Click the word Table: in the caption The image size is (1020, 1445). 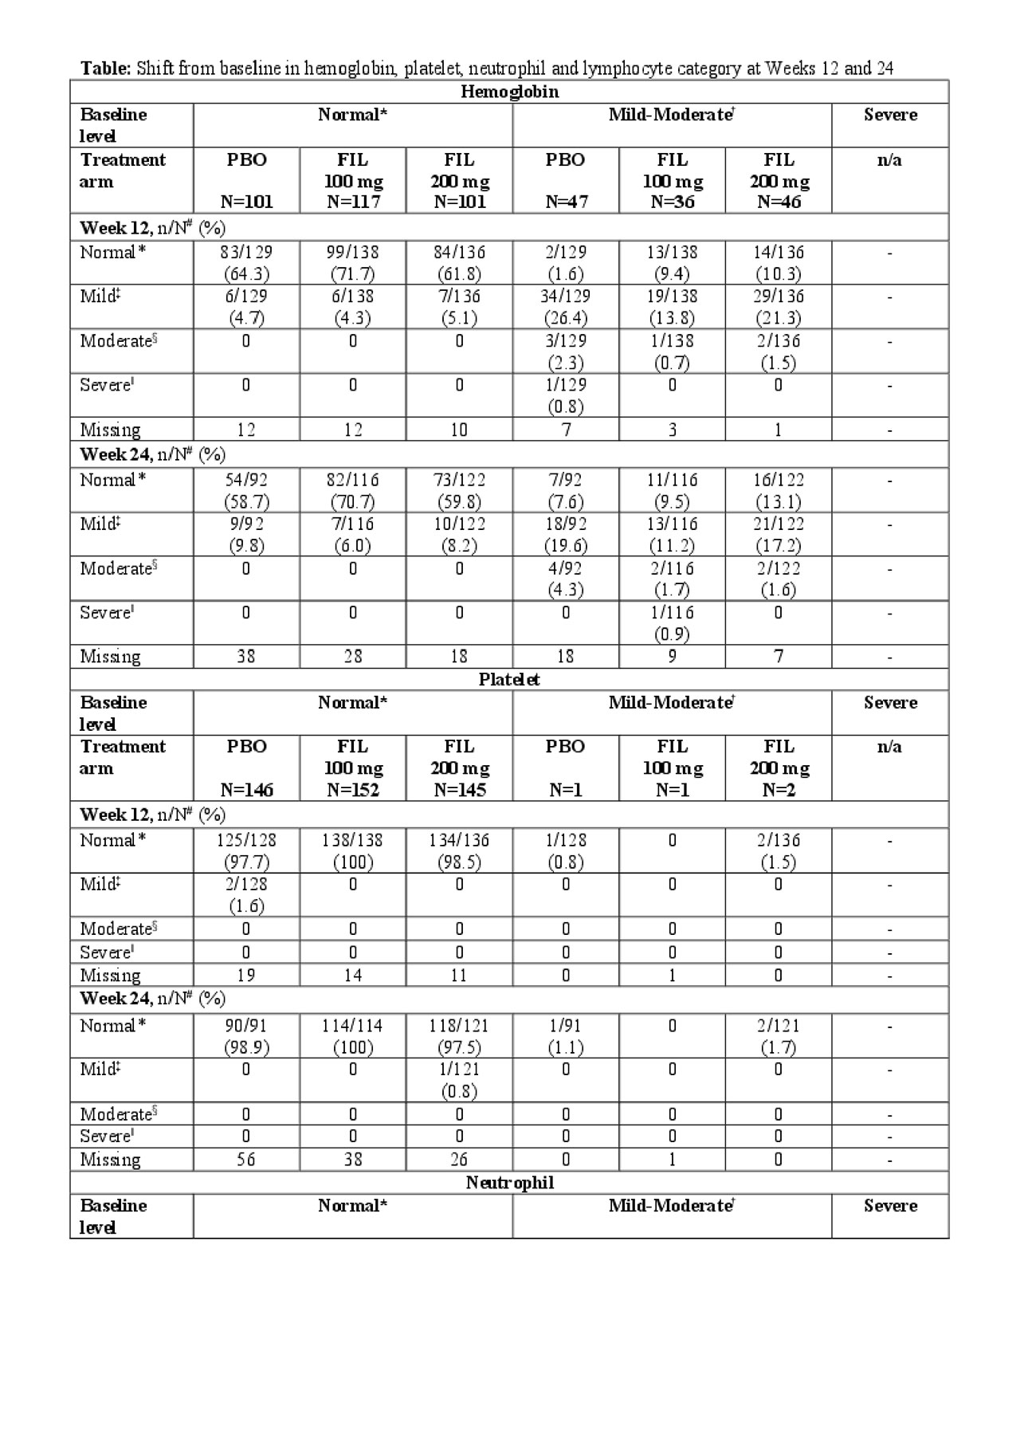105,69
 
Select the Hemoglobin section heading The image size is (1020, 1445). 509,92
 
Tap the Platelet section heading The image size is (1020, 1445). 509,679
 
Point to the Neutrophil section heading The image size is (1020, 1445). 509,1182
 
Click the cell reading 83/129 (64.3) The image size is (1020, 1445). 246,262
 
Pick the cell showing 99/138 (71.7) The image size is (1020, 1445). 353,262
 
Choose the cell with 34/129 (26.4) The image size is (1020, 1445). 565,306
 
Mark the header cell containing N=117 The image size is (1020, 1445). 353,181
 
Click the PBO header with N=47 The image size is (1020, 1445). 565,181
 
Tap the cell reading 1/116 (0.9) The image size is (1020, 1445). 672,622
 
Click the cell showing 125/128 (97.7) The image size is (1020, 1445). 246,850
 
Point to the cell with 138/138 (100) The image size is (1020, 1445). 353,850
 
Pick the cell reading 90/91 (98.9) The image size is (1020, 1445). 246,1035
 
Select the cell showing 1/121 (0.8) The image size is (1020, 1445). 459,1079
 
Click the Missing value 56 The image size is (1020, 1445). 246,1159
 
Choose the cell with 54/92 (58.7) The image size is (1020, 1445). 246,490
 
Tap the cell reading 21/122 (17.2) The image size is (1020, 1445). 779,534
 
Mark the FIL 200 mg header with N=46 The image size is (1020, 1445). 779,181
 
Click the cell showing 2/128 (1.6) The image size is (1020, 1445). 246,894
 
